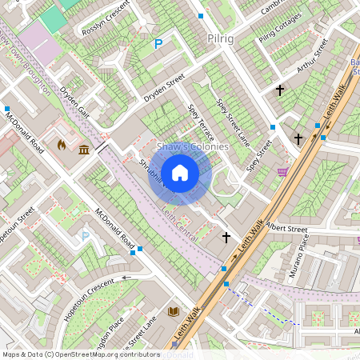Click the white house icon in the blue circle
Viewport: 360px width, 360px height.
(180, 172)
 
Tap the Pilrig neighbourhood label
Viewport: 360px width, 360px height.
(219, 38)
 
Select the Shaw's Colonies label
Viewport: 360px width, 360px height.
(192, 147)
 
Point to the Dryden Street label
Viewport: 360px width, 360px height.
(164, 87)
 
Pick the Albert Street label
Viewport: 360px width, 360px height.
(287, 229)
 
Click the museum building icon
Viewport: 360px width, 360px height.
(84, 149)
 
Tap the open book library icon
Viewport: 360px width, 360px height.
(174, 310)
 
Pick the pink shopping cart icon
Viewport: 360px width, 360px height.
(282, 172)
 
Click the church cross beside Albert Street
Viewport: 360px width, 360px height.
(226, 237)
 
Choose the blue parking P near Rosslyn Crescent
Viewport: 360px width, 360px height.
(158, 45)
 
